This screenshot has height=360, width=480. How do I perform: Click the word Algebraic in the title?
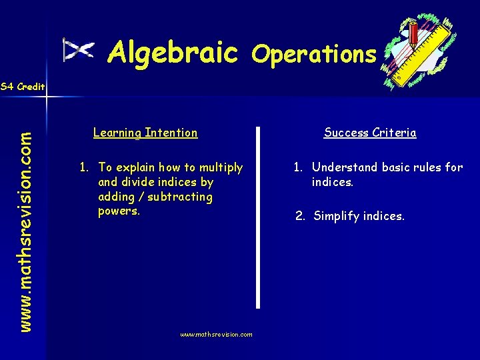coord(173,51)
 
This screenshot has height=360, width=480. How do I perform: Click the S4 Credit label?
coord(23,87)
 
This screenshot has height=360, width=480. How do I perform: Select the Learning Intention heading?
coord(145,133)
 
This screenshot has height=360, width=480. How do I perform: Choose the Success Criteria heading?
coord(370,133)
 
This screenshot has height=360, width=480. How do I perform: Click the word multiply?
coord(221,167)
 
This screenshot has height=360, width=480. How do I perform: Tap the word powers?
coord(119,211)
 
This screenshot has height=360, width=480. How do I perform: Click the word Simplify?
coord(337,216)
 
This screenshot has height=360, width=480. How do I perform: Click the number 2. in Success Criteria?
coord(301,216)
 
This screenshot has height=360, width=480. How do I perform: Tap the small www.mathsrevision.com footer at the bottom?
coord(217,335)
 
